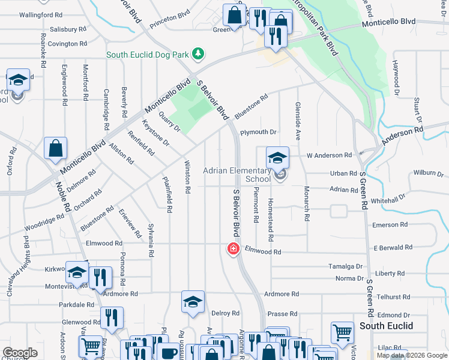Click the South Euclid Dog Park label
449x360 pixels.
(x=148, y=55)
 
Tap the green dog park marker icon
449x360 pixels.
(x=198, y=55)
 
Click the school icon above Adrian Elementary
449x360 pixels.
(x=278, y=158)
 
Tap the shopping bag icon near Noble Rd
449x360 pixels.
(x=55, y=150)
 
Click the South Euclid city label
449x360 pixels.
(x=387, y=326)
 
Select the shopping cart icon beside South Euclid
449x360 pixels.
(x=342, y=332)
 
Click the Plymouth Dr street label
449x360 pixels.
(x=258, y=132)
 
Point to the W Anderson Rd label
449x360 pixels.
(x=329, y=155)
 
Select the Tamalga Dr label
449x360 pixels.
(x=346, y=266)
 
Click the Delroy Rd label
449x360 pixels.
(x=226, y=313)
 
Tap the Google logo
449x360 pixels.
(x=20, y=353)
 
